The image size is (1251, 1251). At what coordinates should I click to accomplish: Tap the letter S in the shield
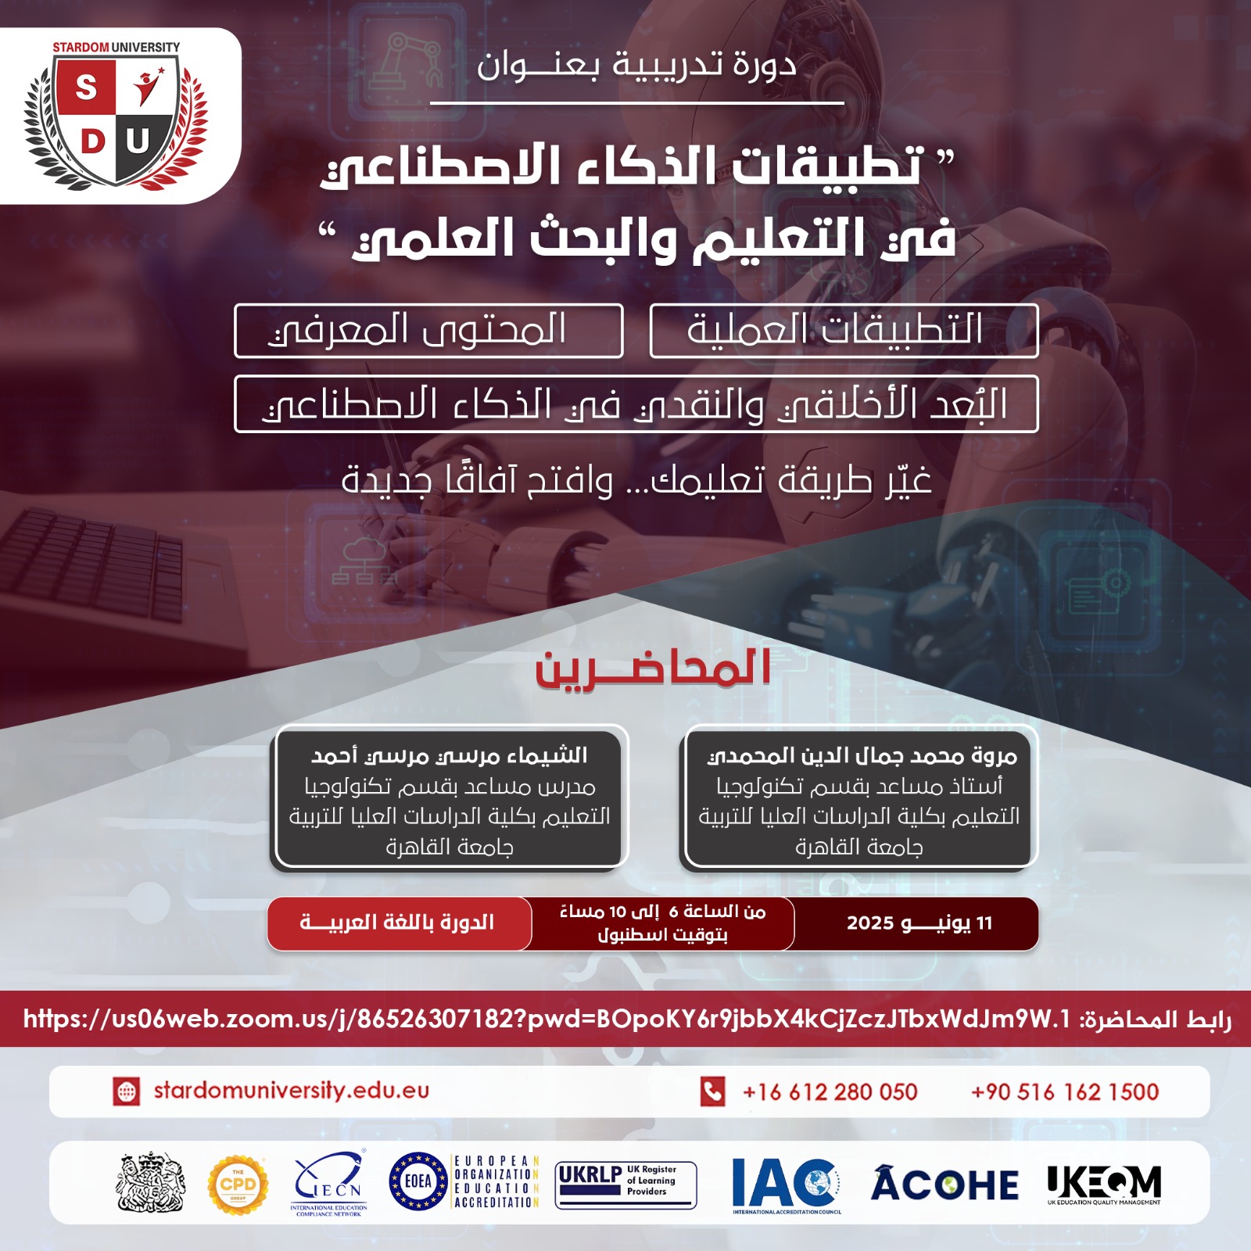coord(86,88)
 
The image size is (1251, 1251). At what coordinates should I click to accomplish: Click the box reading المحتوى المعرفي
coord(428,331)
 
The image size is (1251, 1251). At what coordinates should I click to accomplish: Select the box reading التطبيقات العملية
coord(844,331)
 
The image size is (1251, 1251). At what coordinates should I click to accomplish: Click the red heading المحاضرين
coord(653,669)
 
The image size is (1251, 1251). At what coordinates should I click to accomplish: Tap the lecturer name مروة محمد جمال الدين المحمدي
coord(862,756)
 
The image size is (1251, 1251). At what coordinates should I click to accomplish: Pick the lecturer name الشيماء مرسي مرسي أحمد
coord(450,756)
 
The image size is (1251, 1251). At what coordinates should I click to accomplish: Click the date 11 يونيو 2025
coord(919,923)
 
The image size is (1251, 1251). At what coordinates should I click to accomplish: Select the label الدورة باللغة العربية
coord(397,923)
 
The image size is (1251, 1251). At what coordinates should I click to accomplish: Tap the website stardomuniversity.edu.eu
coord(291,1091)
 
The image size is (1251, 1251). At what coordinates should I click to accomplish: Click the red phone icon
coord(712,1091)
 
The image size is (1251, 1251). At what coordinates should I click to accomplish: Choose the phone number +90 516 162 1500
coord(1065,1091)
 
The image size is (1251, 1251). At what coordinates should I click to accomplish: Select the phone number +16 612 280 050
coord(830,1091)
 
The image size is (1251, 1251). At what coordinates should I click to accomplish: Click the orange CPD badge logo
coord(238,1184)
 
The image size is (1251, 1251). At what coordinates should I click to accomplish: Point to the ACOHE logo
coord(945,1184)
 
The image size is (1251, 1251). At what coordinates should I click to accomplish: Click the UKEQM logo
coord(1104,1184)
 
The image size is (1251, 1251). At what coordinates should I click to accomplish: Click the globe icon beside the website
coord(127,1091)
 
